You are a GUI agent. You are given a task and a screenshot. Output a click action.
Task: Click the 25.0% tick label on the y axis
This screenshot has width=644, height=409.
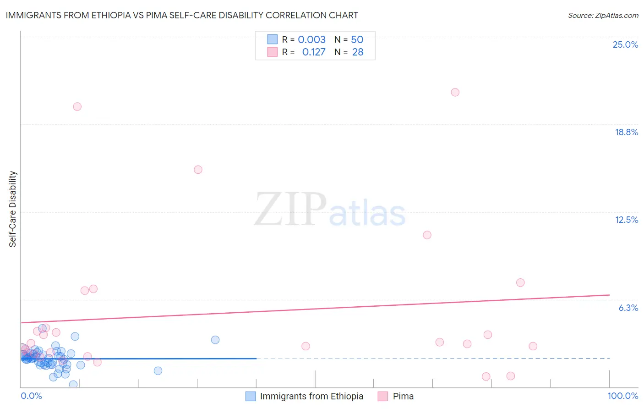625,44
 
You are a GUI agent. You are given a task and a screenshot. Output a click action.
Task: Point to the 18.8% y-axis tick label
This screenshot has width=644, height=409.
626,132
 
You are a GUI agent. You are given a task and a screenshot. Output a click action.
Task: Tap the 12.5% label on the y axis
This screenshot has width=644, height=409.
626,220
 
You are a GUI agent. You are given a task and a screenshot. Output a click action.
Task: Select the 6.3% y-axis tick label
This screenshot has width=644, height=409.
628,308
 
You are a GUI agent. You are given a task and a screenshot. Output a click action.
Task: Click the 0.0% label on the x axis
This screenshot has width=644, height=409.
31,396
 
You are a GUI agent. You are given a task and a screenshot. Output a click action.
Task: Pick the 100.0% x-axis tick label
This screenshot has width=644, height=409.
622,396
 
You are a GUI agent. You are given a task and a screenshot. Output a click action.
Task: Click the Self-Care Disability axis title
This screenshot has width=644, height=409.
13,209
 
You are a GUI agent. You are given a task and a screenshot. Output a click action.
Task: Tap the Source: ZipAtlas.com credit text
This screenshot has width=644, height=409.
603,15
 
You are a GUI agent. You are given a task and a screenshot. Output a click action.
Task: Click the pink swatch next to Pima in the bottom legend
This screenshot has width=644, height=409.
383,396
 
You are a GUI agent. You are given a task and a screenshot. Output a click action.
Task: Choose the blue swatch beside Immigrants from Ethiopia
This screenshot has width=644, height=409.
251,396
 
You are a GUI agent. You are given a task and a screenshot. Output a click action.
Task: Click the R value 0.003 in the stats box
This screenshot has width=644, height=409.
311,39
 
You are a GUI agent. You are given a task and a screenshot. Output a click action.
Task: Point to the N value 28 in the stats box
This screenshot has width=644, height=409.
358,52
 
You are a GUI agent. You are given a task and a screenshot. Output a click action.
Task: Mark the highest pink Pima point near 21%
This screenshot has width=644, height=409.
455,92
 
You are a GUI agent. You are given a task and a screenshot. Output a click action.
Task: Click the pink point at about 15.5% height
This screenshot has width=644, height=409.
198,170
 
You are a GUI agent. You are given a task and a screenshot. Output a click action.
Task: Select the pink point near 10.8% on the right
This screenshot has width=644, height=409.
427,235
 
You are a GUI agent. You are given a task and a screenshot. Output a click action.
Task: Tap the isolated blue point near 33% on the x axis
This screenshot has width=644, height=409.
215,340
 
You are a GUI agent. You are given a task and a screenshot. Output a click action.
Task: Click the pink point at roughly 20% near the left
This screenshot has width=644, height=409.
77,106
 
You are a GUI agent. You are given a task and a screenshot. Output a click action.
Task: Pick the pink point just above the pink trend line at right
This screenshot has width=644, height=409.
520,282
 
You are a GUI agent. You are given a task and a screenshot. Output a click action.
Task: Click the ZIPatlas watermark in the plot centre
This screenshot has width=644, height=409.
330,210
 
